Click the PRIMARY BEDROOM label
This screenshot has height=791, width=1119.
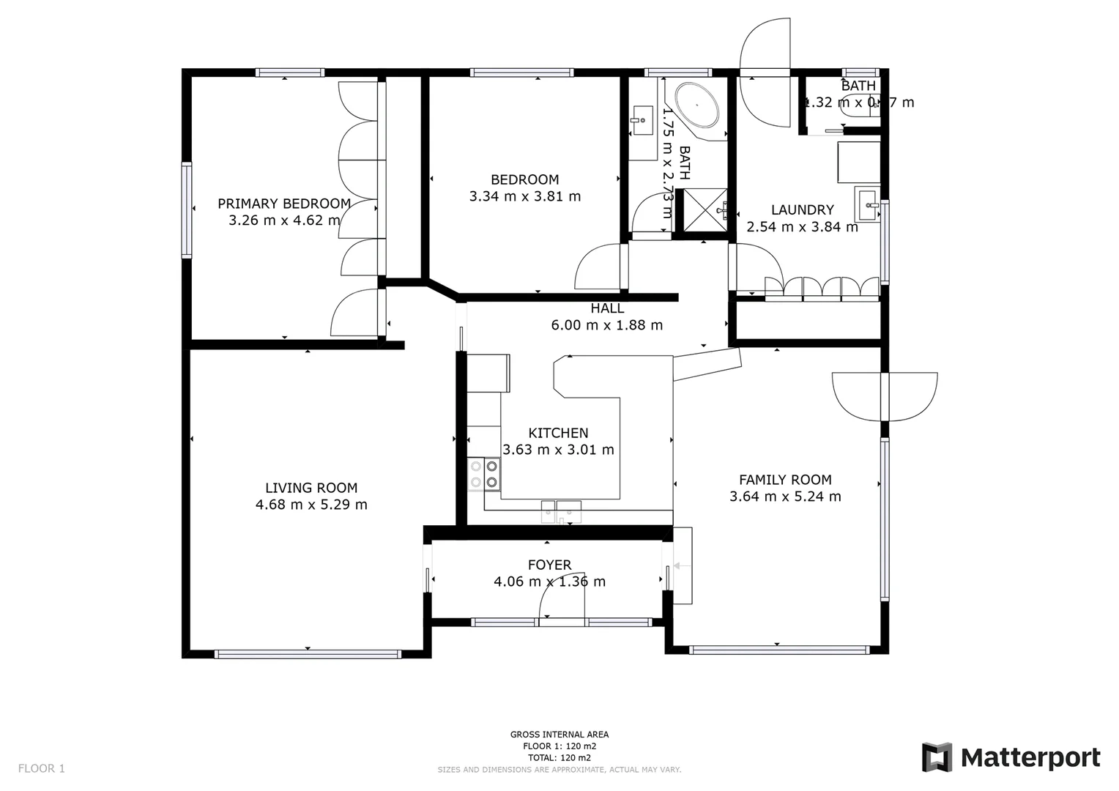(284, 204)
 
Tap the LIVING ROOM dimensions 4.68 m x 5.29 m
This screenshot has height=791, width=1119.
(311, 505)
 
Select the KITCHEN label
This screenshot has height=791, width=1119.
(558, 433)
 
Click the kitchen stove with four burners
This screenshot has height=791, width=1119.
(484, 474)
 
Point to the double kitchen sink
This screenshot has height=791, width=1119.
(561, 511)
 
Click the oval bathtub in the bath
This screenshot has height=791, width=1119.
(697, 105)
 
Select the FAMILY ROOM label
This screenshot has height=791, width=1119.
(785, 480)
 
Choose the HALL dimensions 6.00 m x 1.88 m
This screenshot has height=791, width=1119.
(606, 325)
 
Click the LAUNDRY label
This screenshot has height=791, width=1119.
(802, 209)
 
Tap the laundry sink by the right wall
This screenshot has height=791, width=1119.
(867, 203)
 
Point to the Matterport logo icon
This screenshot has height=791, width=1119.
(937, 757)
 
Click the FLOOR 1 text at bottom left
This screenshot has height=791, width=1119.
(42, 768)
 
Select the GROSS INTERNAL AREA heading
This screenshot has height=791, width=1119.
(559, 735)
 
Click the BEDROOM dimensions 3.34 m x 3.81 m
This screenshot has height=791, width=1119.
(524, 196)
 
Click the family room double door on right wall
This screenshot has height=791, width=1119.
(885, 396)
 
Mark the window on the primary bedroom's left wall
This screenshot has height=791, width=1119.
(187, 209)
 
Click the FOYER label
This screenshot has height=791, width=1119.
(549, 565)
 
